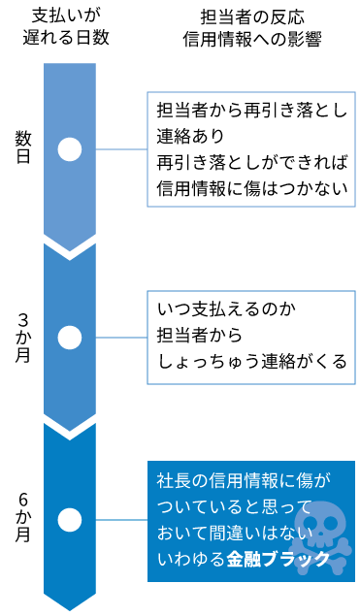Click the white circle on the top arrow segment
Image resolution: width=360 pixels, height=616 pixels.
(70, 149)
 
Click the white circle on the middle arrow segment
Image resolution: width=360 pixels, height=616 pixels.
(70, 338)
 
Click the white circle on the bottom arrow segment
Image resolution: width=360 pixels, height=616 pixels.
(70, 520)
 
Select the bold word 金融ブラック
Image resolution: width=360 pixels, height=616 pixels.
(278, 560)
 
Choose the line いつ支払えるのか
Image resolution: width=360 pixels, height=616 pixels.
(226, 310)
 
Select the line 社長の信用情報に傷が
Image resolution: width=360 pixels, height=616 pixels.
(244, 480)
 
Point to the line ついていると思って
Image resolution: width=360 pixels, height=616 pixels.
(235, 506)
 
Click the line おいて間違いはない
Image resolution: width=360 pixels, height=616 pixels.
(235, 533)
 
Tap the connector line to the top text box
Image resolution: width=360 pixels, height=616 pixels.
(121, 149)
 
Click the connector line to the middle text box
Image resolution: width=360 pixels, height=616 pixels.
(121, 338)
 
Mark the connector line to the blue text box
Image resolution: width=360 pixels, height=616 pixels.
(121, 520)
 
